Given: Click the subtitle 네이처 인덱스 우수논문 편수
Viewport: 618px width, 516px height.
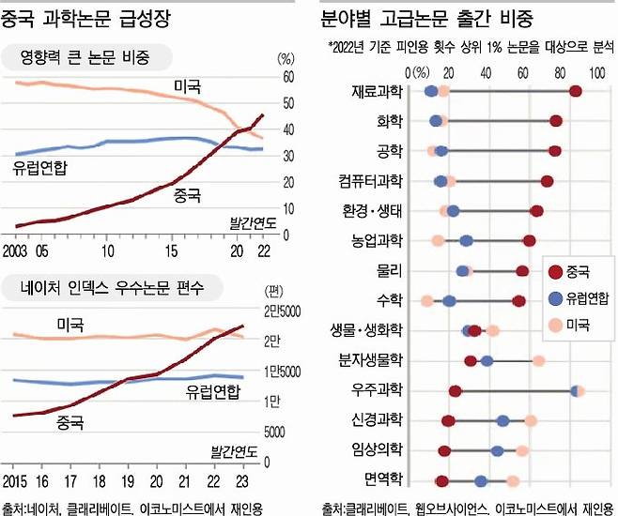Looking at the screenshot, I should coord(104,286).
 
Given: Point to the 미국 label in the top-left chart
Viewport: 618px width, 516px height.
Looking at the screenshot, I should coord(188,86).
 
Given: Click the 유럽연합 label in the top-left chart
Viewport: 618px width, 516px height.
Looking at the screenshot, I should coord(46,168).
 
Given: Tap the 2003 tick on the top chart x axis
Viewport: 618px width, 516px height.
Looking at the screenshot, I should coord(16,250).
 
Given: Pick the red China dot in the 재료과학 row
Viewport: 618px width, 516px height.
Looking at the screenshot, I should coord(576,90).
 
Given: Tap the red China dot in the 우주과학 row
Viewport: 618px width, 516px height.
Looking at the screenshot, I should coord(456,391).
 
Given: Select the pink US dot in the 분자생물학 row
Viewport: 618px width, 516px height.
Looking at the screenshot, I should coord(538,360).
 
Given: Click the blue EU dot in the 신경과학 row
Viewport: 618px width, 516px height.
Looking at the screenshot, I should coord(503,420).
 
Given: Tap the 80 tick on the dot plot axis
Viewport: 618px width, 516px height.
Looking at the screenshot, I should coord(560,71).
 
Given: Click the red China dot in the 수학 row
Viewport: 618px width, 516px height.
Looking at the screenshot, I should coord(518,300).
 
